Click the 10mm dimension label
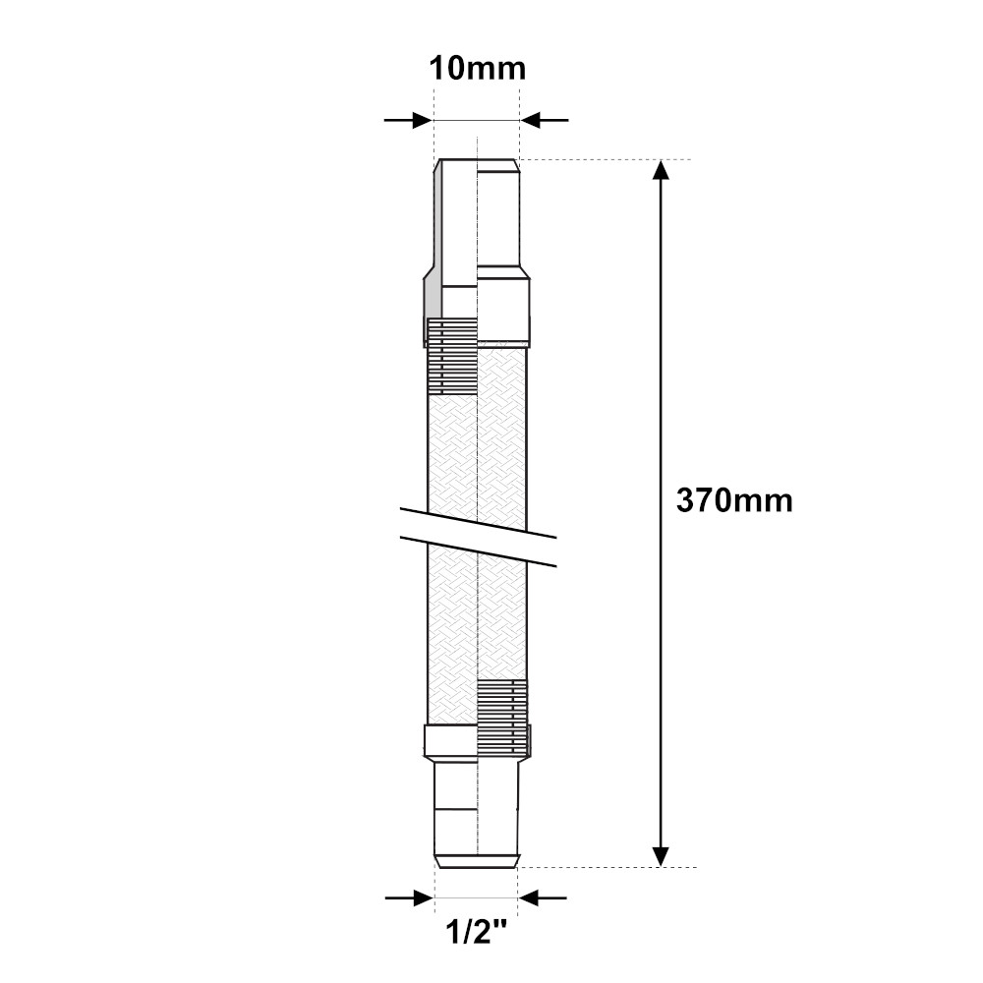(x=477, y=69)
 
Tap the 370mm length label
(x=734, y=501)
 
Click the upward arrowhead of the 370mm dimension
(x=661, y=169)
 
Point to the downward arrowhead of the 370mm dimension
(x=661, y=856)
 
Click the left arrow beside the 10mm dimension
(x=409, y=120)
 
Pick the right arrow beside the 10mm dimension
(x=545, y=120)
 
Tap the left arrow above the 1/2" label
(x=409, y=897)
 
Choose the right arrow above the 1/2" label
(x=543, y=897)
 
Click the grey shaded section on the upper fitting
(x=432, y=297)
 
